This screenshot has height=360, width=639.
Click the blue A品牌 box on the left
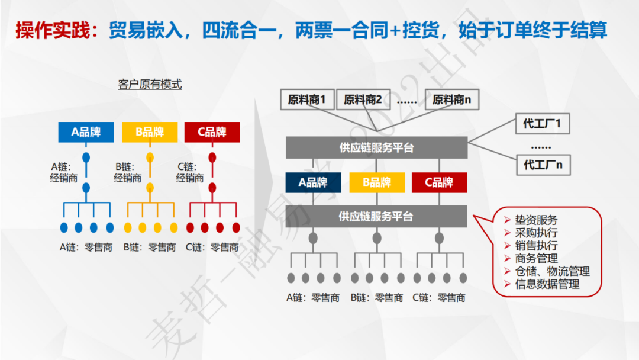coord(86,132)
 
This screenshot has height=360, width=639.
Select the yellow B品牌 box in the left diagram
coord(150,132)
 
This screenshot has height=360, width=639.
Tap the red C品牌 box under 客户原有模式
coord(212,132)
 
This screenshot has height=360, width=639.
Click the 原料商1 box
coord(307,100)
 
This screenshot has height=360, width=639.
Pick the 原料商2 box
coord(363,100)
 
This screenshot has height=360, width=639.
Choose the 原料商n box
coord(452,100)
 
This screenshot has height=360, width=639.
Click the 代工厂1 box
coord(542,124)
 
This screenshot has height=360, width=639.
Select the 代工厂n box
coord(542,165)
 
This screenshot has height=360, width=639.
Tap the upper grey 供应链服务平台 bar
coord(376,147)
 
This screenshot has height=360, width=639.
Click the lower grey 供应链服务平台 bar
coord(376,217)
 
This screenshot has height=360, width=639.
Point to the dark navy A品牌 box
coord(313,182)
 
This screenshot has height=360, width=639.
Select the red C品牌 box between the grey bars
coord(440,182)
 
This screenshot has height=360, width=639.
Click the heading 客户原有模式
coord(150,85)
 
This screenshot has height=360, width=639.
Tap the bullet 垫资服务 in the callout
coord(536,220)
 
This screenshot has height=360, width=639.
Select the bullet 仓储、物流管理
coord(552,271)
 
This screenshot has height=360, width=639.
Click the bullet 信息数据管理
coord(547,284)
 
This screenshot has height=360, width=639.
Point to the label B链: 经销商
coord(128,172)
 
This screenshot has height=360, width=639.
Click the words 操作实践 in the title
coord(51,30)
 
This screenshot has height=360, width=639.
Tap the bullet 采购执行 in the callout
coord(536,233)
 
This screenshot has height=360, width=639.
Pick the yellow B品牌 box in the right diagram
coord(377,182)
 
